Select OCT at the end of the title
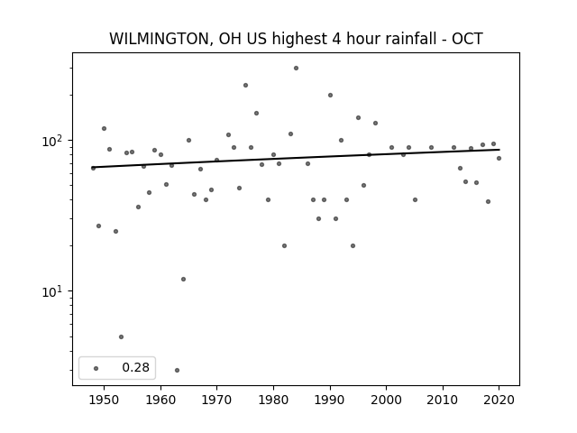click(467, 39)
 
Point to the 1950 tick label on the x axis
click(105, 400)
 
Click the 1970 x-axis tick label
click(216, 400)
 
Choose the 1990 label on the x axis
click(330, 400)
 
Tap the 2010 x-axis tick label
click(443, 400)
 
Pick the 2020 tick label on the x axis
click(499, 400)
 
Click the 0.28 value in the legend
click(136, 367)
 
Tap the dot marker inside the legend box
click(96, 368)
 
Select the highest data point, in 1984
click(297, 69)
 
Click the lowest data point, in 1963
click(177, 370)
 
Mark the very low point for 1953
click(121, 336)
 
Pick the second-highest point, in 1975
click(245, 86)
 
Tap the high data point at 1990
click(330, 96)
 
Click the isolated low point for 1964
click(183, 279)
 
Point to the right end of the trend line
click(499, 150)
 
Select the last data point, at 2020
click(499, 159)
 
